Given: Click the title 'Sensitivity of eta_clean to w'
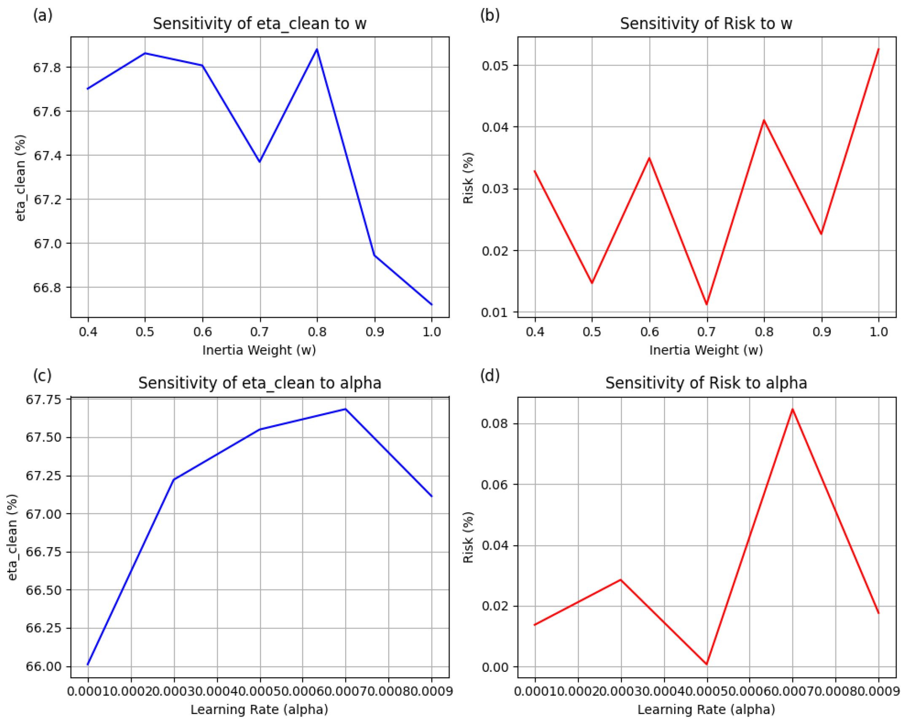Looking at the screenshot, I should (259, 24).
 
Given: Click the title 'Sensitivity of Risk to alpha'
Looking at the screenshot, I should (706, 383).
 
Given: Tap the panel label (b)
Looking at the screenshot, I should (489, 15).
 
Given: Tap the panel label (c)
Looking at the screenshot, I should (42, 375).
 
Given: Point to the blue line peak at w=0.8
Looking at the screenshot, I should (317, 50).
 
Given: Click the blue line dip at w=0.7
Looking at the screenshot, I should (260, 162).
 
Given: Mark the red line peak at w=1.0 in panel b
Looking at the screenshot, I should (878, 49).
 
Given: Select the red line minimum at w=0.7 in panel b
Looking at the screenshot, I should (707, 304).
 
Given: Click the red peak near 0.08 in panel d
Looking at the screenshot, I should (792, 409).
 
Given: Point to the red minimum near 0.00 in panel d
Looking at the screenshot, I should (707, 664).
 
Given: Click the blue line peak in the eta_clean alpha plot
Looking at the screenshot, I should (345, 409).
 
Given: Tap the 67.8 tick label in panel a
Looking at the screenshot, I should (47, 67).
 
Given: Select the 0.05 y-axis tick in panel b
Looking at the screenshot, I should (494, 66).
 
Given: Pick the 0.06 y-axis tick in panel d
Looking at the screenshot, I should (494, 485).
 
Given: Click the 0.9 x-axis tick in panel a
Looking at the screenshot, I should (374, 332).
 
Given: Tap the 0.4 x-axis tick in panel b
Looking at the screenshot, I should (535, 332).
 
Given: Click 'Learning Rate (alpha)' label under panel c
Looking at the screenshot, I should (259, 709).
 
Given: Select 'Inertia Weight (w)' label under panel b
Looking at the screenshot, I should (706, 350).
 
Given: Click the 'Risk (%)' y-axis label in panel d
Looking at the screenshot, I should (468, 537).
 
